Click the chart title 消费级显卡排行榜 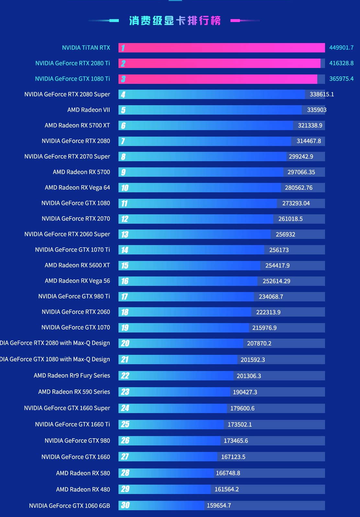tap(175, 21)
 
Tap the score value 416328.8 tap(341, 63)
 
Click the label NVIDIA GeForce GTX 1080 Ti tap(73, 79)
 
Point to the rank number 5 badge tap(123, 110)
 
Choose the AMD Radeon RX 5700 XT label tap(77, 125)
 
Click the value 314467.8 tap(309, 141)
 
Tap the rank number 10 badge tap(125, 188)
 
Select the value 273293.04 tap(296, 203)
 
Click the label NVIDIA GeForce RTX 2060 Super tap(67, 234)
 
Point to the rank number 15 tap(125, 265)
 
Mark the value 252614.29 tap(276, 281)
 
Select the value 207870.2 tap(259, 343)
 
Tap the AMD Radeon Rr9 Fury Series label tap(72, 376)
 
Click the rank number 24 tap(125, 408)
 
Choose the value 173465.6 tap(236, 441)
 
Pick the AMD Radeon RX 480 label tap(83, 489)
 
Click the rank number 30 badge tap(125, 505)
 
